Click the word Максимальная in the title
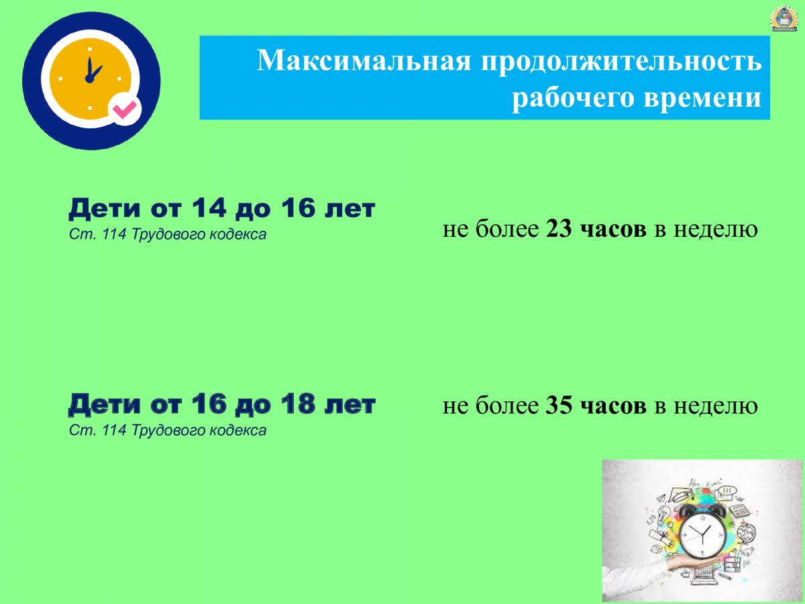tap(364, 60)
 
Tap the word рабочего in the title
tap(573, 98)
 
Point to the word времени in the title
tap(702, 97)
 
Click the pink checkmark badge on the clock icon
tap(125, 109)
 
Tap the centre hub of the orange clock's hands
tap(89, 78)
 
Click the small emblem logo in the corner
tap(784, 18)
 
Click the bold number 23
tap(559, 230)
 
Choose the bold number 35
tap(559, 405)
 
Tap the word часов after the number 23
tap(613, 230)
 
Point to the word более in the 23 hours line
tap(507, 229)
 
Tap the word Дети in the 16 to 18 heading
tap(105, 405)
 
